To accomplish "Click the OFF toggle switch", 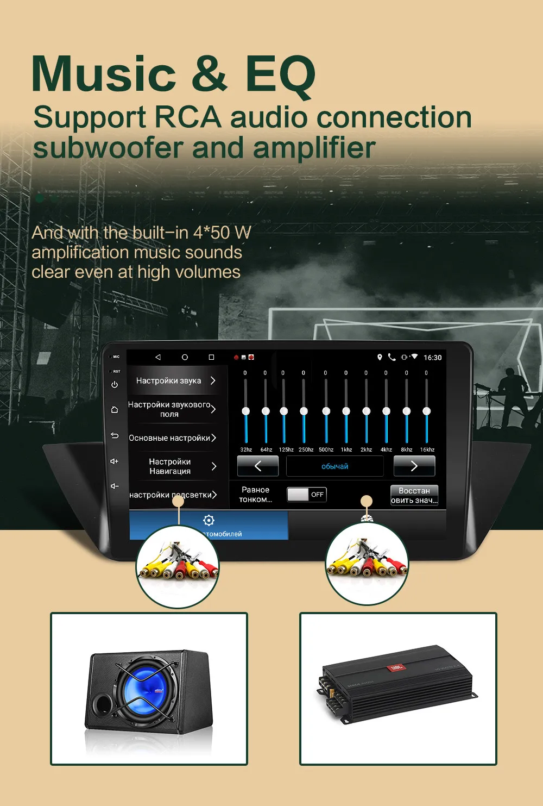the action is pos(306,494).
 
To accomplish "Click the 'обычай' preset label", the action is pos(334,466).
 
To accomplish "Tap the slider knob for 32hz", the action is pos(246,411).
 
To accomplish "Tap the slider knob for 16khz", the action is pos(427,411).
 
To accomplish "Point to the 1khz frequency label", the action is pos(346,449).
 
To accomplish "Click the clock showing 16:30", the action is pos(433,358).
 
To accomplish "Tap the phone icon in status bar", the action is pos(392,357).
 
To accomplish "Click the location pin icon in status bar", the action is pos(380,357).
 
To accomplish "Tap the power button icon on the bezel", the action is pos(115,385).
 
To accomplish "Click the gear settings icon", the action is pos(209,520).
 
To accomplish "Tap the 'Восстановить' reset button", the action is pos(414,495).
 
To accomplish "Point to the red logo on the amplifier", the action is pos(396,667).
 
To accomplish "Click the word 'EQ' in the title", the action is pos(280,74).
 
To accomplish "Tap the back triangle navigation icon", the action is pos(158,357).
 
